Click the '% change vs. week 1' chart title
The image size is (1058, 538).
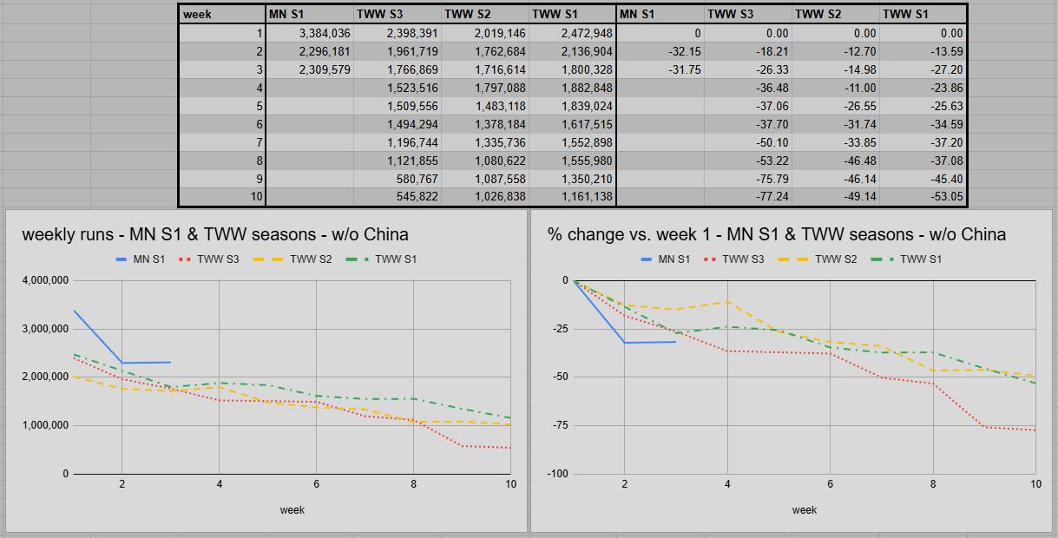[x=777, y=234]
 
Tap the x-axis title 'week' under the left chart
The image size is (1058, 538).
[x=292, y=510]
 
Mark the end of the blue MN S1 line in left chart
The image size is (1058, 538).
[x=170, y=362]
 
